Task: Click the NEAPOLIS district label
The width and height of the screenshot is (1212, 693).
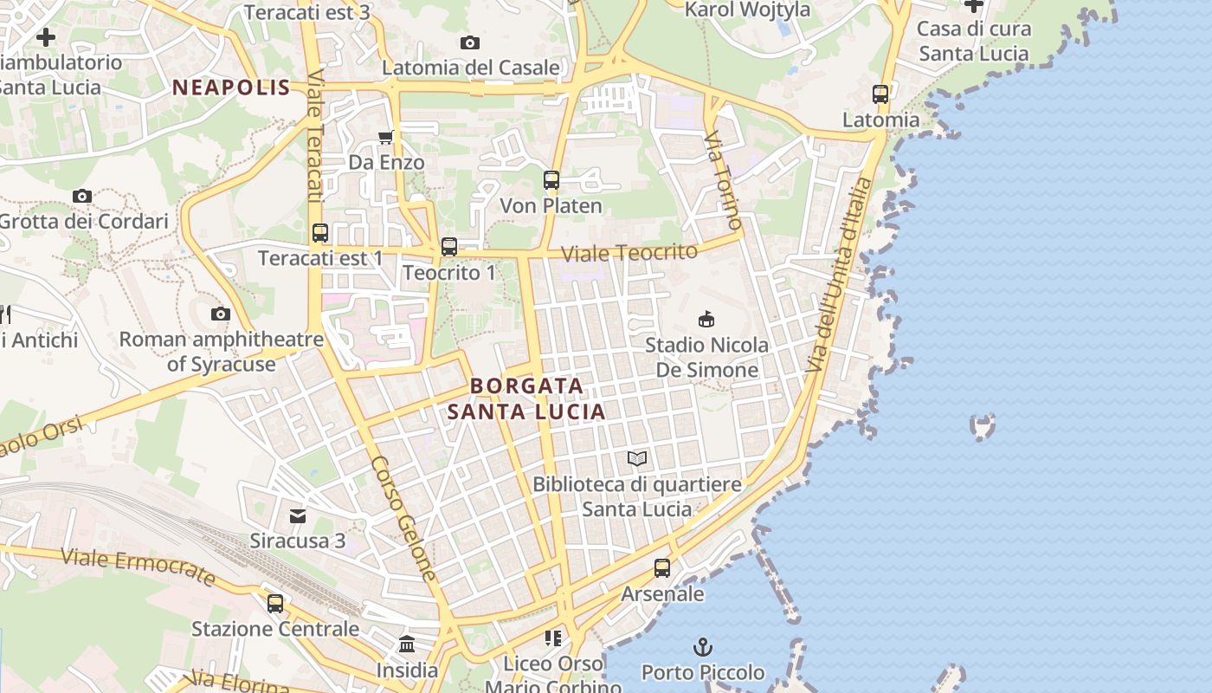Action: (x=231, y=87)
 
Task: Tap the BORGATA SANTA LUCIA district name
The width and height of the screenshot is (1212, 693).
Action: (x=526, y=398)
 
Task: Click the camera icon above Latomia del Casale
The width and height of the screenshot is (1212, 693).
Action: (x=470, y=42)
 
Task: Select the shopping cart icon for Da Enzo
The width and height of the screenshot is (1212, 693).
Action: (x=386, y=137)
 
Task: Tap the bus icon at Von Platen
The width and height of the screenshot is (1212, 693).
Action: (x=551, y=180)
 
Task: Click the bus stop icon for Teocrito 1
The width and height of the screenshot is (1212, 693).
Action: (x=448, y=247)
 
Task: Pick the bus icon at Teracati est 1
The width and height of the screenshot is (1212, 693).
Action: (x=320, y=232)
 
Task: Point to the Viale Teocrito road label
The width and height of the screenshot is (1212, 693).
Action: (x=629, y=253)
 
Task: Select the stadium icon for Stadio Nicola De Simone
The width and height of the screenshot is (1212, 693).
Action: (x=706, y=319)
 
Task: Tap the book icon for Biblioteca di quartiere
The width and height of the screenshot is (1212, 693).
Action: (x=637, y=458)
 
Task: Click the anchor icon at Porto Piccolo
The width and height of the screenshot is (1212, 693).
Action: (x=703, y=646)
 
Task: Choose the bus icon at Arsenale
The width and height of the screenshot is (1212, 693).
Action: (x=662, y=568)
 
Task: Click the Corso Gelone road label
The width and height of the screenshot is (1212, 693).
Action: (x=403, y=518)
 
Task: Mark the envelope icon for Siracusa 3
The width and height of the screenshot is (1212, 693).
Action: (x=298, y=515)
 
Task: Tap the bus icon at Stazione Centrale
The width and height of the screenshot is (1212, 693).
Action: (x=275, y=603)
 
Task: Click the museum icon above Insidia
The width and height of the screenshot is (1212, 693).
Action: (x=407, y=644)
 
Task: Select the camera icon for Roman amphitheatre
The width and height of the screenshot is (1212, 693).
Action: (x=221, y=314)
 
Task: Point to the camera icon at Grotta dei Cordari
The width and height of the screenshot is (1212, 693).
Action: (x=82, y=196)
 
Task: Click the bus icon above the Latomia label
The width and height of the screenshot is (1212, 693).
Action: (x=880, y=94)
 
